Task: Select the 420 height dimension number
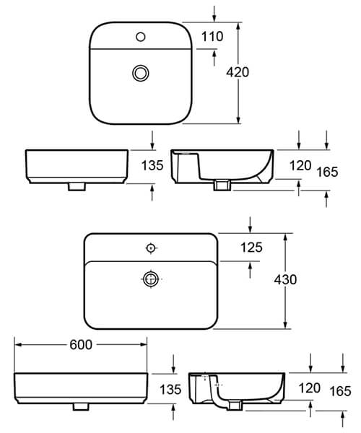click(238, 71)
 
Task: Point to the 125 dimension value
click(251, 248)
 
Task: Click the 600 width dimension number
click(81, 346)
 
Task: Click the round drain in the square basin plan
click(139, 72)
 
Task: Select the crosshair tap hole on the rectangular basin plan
click(150, 248)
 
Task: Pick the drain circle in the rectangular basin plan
click(150, 279)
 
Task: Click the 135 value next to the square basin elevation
click(152, 165)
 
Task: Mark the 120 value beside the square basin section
click(300, 165)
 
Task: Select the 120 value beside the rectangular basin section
click(309, 388)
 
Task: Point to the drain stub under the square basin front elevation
click(74, 187)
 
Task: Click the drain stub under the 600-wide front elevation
click(81, 406)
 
